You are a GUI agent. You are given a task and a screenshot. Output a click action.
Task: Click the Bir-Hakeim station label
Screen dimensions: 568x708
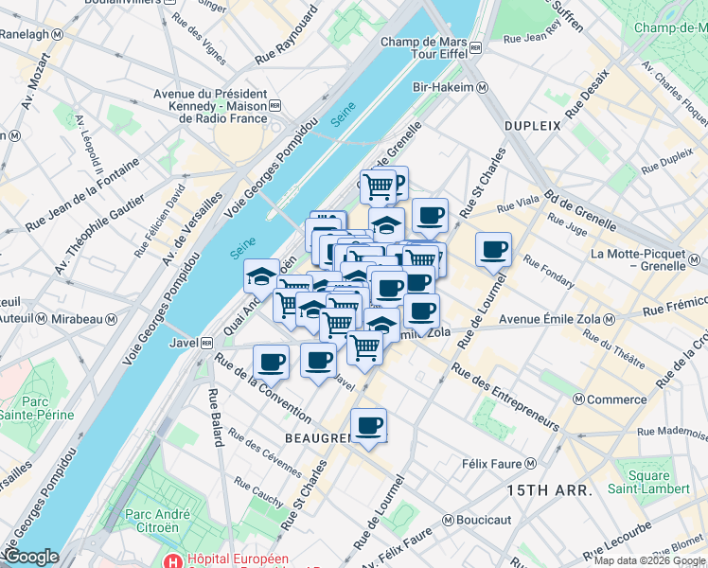443,88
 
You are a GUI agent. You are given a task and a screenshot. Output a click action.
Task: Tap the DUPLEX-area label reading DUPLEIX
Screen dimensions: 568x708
533,125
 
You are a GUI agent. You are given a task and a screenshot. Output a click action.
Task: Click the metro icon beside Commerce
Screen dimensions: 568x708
578,399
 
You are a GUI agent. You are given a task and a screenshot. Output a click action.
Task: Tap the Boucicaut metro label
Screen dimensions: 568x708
483,520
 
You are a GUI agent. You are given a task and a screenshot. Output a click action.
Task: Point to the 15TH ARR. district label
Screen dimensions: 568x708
549,490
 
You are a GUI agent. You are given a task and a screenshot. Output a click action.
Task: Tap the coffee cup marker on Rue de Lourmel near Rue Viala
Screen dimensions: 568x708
493,251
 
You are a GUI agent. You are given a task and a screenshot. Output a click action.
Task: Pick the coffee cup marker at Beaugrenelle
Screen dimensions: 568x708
368,426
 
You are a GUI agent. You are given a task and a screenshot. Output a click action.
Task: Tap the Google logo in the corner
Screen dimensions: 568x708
30,558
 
